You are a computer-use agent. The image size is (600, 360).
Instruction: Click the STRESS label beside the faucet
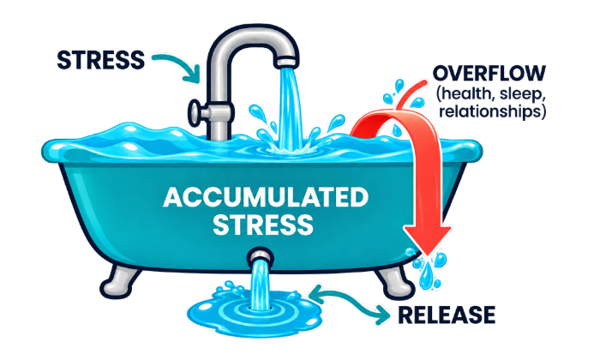click(100, 60)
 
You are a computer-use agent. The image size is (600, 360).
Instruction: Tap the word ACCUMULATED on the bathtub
click(266, 197)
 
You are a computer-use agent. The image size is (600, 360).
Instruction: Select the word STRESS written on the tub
click(263, 225)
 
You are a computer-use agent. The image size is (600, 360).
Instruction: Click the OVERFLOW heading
click(489, 73)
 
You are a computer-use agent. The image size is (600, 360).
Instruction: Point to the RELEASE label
click(447, 315)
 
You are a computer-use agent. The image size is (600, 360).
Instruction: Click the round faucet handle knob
click(195, 112)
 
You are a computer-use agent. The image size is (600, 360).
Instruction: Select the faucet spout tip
click(287, 62)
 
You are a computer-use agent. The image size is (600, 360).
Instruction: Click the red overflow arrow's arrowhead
click(428, 239)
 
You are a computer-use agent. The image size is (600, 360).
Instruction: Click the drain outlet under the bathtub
click(261, 255)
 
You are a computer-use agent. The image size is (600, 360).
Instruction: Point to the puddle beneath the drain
click(254, 310)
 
